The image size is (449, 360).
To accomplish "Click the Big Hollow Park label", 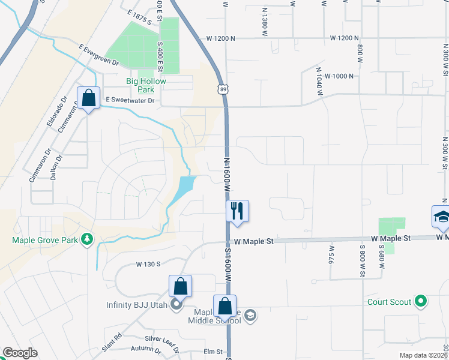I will (x=146, y=85).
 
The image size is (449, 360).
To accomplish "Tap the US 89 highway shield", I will (x=223, y=89).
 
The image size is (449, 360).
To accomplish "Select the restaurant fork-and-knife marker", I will (x=237, y=211).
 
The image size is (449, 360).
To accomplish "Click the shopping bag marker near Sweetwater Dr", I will (x=89, y=97).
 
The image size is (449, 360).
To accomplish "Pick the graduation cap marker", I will (x=441, y=217).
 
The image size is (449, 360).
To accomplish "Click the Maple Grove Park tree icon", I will (x=88, y=240).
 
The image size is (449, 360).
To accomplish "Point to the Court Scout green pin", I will (x=421, y=301).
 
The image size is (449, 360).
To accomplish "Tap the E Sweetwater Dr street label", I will (x=130, y=100).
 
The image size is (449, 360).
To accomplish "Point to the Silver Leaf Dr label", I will (x=162, y=339).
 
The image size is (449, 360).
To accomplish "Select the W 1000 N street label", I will (x=339, y=76).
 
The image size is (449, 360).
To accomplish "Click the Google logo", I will (x=20, y=353).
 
